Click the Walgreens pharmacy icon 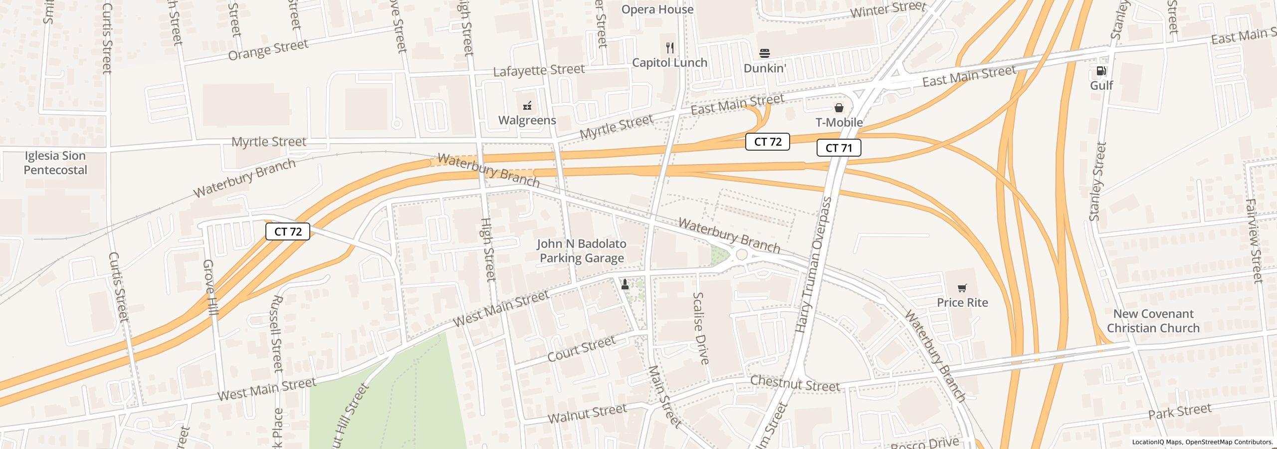pos(527,106)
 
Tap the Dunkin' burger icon pos(765,53)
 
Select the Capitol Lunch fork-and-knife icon pos(670,48)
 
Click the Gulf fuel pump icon pos(1101,71)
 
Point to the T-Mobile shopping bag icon pos(839,108)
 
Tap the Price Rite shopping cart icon pos(962,288)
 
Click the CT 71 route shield pos(839,148)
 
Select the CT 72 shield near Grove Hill pos(288,231)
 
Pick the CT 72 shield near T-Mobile pos(767,142)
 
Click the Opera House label pos(657,9)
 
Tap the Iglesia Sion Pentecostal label pos(55,163)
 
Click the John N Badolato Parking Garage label pos(582,251)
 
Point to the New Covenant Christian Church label pos(1153,321)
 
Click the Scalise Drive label pos(700,328)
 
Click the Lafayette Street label pos(538,70)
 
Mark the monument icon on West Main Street pos(625,284)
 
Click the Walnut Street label pos(587,414)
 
